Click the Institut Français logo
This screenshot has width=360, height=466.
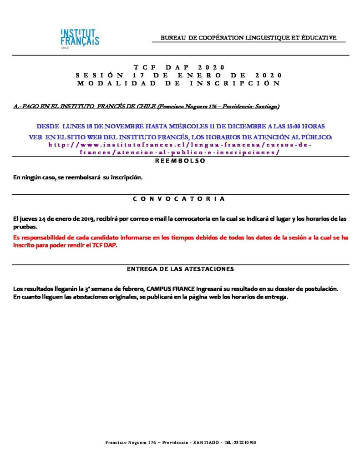coord(80,38)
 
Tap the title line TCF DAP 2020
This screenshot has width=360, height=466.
coord(180,67)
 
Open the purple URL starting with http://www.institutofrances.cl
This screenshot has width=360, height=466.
coord(180,144)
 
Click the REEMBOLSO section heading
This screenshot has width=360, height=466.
coord(181,161)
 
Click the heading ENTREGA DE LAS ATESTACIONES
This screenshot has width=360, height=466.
coord(180,269)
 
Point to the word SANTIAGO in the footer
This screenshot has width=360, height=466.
coord(207,442)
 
